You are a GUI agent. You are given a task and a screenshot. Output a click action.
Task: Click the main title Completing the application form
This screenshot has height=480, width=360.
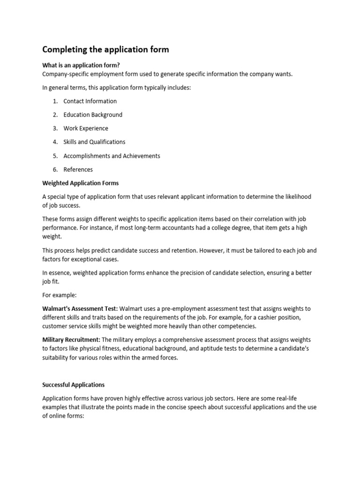click(105, 49)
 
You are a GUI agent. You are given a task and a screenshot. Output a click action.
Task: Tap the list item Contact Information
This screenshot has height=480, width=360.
click(90, 101)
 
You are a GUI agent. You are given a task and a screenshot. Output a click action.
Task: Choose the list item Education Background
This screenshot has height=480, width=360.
click(93, 115)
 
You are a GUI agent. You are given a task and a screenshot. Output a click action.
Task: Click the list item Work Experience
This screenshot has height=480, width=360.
click(86, 128)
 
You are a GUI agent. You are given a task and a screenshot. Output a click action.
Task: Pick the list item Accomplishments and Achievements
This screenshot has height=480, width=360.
click(112, 156)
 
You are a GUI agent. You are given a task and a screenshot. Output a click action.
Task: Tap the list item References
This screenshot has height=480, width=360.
click(78, 170)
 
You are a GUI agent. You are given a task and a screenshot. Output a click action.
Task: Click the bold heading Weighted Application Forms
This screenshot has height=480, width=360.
click(81, 183)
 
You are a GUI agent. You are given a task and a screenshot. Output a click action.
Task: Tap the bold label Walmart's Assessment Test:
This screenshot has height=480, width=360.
click(80, 309)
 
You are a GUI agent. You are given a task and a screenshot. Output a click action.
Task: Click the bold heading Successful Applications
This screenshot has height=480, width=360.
click(74, 385)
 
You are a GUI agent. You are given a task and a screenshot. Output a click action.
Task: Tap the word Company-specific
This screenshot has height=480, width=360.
click(66, 74)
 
